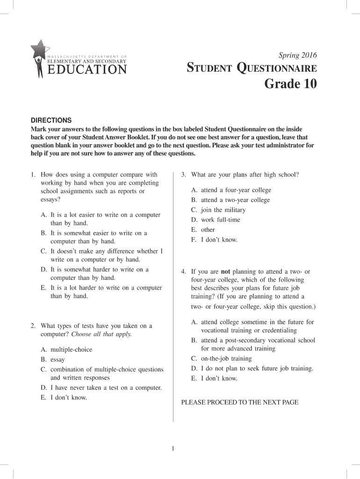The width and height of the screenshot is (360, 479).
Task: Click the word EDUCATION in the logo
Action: (87, 70)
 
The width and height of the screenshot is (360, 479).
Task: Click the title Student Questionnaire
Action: (252, 69)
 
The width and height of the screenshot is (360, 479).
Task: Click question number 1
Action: (33, 174)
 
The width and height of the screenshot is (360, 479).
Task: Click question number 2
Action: (33, 326)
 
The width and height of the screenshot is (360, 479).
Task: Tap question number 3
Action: (184, 174)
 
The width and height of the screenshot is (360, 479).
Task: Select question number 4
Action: (184, 272)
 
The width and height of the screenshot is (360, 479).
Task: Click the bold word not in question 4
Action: (225, 272)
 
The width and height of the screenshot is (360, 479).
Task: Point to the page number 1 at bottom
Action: (173, 450)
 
